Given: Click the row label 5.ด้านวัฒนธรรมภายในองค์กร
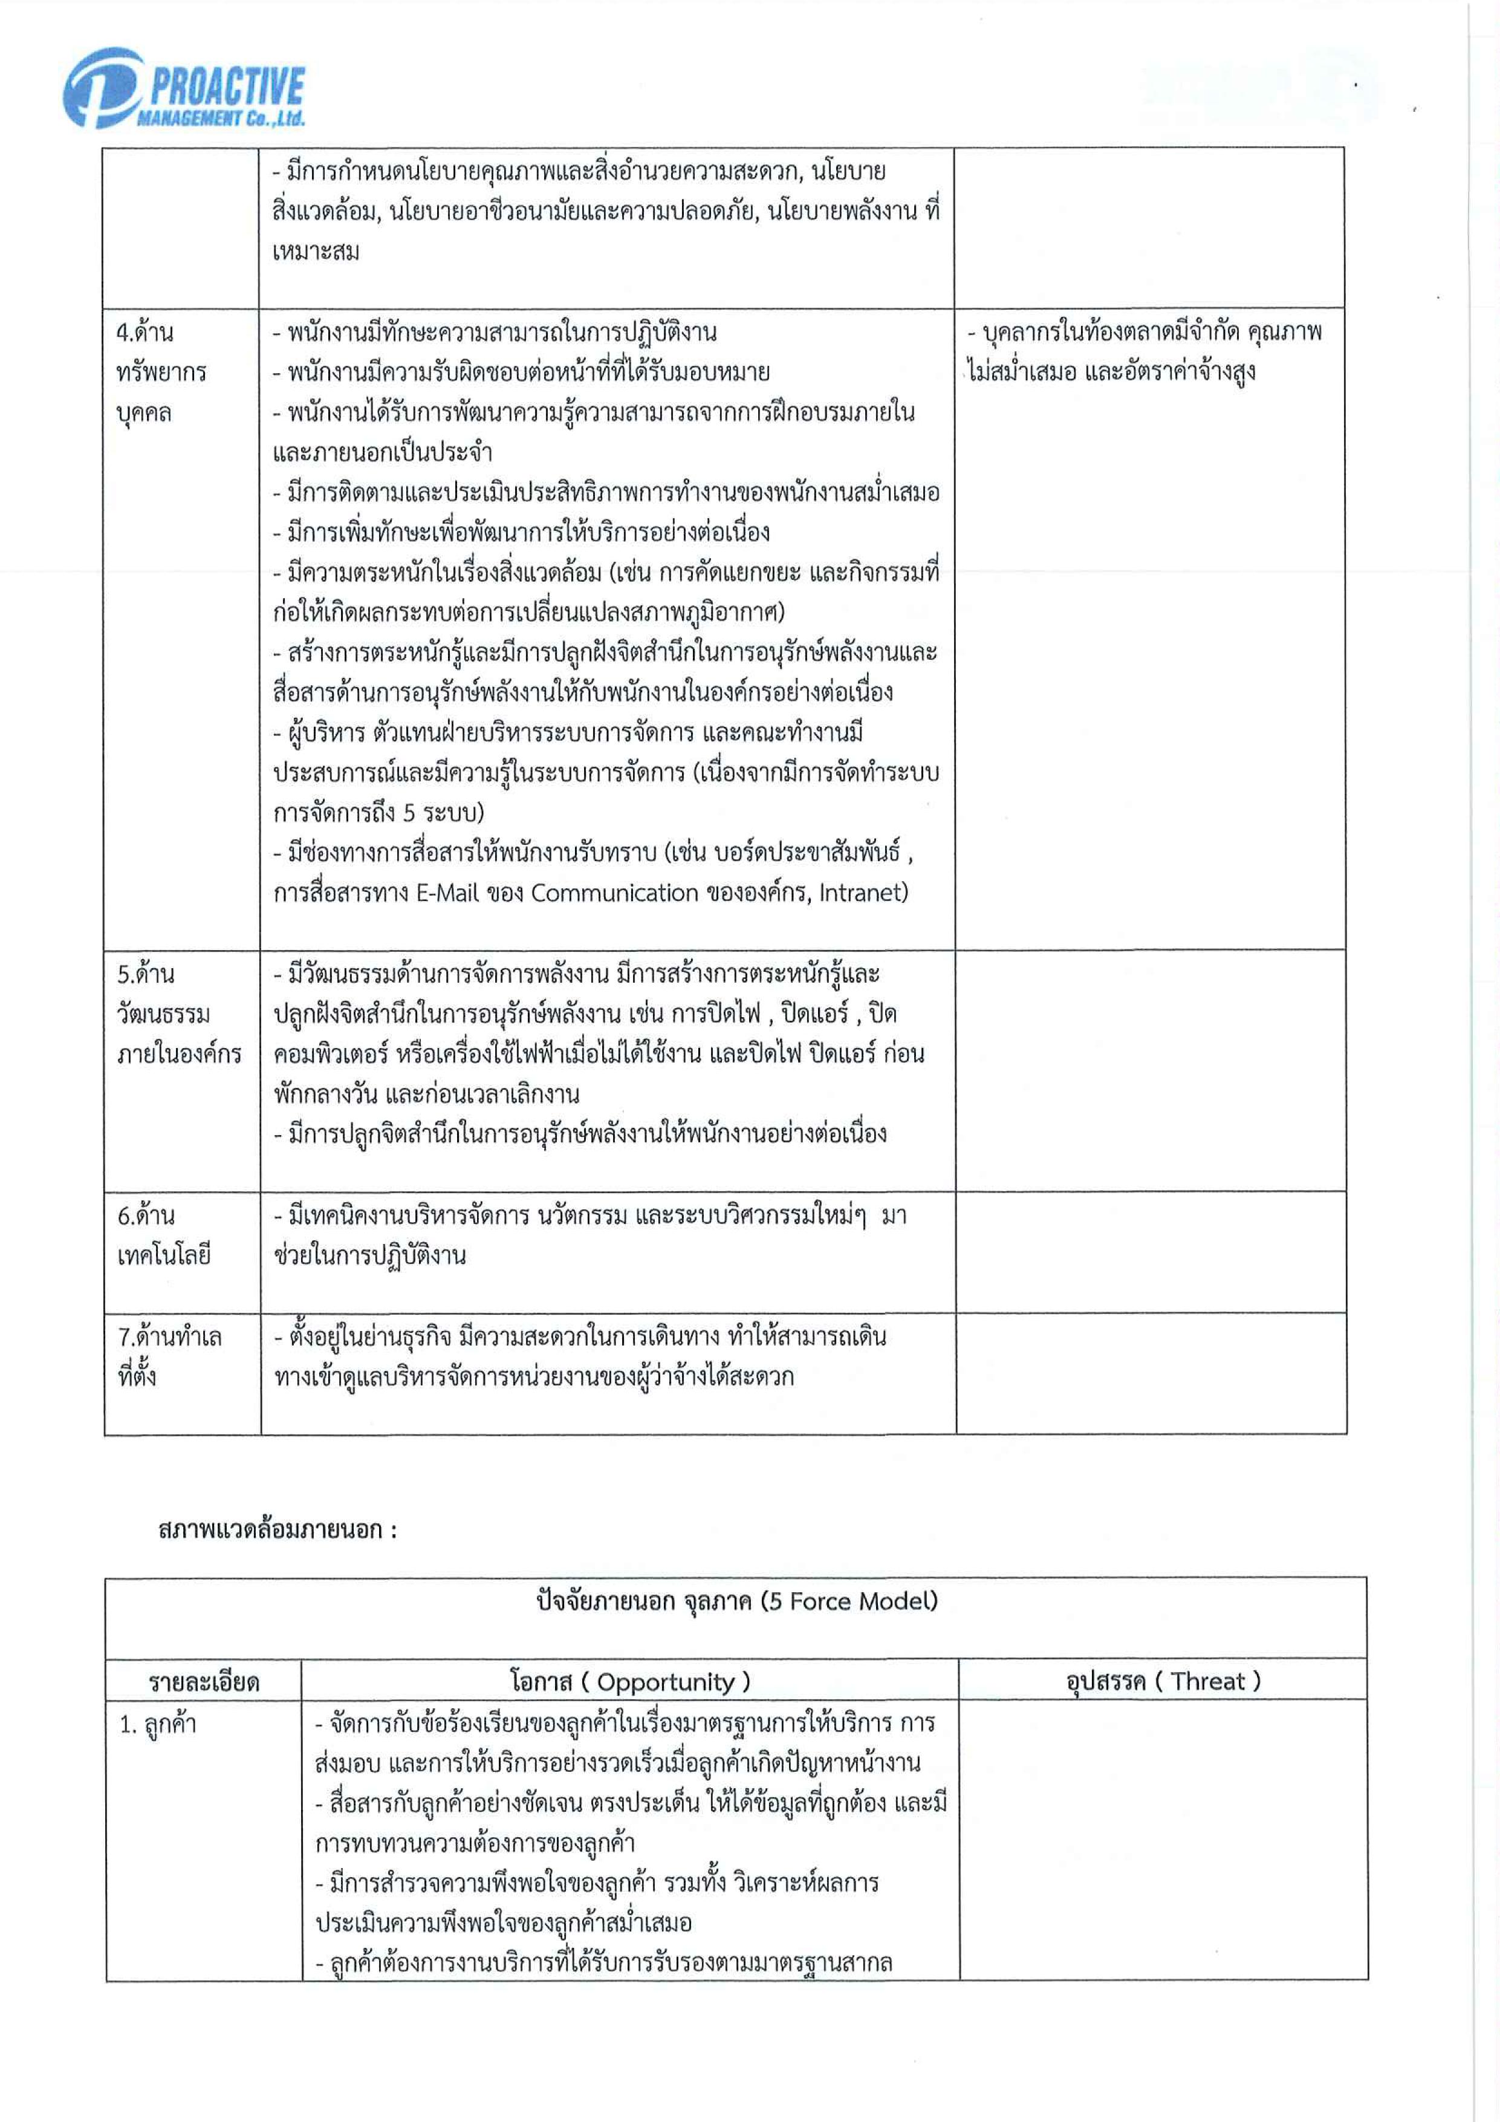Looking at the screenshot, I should pos(178,1014).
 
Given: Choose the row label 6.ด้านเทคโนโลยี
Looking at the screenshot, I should pos(164,1235).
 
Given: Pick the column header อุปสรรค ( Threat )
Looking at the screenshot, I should pos(1163,1680).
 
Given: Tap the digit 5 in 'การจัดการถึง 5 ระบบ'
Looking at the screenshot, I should pos(409,813).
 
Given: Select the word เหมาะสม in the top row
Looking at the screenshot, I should pos(316,252).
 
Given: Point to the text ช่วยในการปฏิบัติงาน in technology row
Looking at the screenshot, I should pos(369,1255).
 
